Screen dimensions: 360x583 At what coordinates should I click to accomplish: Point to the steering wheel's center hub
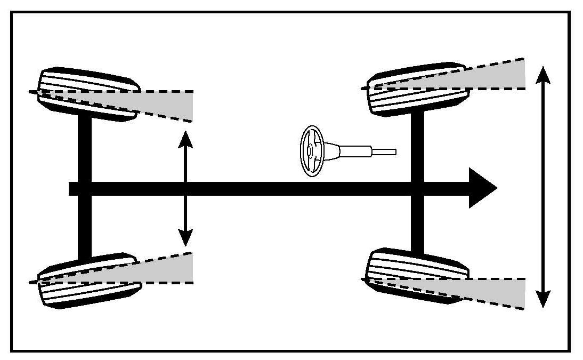click(309, 151)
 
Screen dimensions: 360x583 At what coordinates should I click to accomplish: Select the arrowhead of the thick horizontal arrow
click(482, 188)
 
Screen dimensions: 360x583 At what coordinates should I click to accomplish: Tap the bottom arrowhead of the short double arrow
click(185, 237)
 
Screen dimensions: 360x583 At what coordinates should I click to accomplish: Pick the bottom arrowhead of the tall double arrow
click(542, 300)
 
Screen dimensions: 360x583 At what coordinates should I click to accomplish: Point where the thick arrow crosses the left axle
click(85, 188)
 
